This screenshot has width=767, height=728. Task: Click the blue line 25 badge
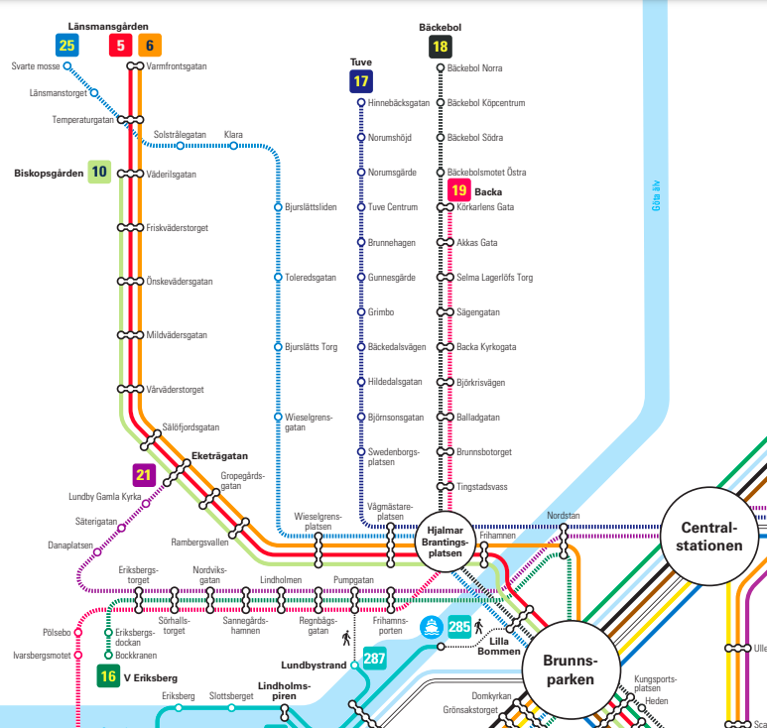tap(67, 46)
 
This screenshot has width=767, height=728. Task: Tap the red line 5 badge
tap(120, 46)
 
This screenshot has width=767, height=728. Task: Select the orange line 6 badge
tap(150, 46)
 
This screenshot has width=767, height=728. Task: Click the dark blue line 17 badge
tap(361, 81)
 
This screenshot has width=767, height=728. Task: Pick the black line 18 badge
tap(441, 47)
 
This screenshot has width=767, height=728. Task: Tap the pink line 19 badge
tap(459, 190)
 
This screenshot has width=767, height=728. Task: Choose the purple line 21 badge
tap(144, 475)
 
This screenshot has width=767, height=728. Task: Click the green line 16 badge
tap(108, 676)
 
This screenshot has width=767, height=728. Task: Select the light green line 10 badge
tap(99, 172)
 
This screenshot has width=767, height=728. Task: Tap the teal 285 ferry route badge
tap(459, 626)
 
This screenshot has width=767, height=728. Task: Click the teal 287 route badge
tap(374, 659)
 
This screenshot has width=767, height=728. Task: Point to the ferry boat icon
tap(432, 627)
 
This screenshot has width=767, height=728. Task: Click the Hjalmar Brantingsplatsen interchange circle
tap(446, 542)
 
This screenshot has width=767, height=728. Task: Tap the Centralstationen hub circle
tap(709, 537)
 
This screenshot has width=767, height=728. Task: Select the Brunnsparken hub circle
tap(571, 670)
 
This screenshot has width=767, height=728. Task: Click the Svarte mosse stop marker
tap(67, 66)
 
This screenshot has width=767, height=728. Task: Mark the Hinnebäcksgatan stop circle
tap(361, 103)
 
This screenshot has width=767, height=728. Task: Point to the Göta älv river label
tap(656, 195)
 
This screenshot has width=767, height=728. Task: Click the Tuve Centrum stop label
tap(393, 207)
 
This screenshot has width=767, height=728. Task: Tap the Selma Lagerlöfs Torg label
tap(494, 278)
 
